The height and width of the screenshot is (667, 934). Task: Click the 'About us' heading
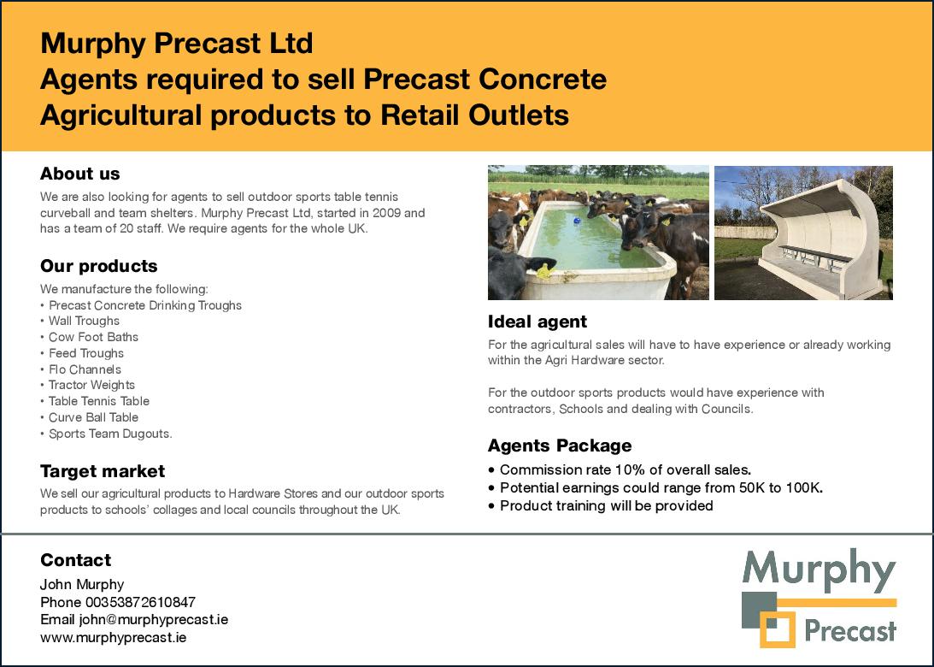click(79, 174)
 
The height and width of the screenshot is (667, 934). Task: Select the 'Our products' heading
click(99, 266)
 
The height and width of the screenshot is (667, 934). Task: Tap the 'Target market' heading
click(103, 471)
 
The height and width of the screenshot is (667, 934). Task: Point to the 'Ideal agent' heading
click(537, 322)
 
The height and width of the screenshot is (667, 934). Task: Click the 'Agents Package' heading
click(560, 446)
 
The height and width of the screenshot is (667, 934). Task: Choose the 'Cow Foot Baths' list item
click(93, 337)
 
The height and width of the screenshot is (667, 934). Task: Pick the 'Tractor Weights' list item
click(91, 385)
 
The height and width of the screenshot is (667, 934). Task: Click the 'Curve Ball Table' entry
click(93, 417)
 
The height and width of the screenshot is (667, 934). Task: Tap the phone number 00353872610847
click(141, 602)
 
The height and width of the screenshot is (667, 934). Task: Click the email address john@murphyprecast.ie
click(154, 619)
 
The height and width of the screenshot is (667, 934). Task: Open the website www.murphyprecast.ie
click(113, 637)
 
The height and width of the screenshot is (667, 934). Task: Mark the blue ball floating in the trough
click(577, 221)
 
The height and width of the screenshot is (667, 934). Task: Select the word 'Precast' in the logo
click(850, 630)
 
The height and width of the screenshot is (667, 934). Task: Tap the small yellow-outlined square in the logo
click(778, 629)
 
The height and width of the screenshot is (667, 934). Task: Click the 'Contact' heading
click(76, 560)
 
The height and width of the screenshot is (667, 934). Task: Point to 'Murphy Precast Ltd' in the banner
click(176, 43)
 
